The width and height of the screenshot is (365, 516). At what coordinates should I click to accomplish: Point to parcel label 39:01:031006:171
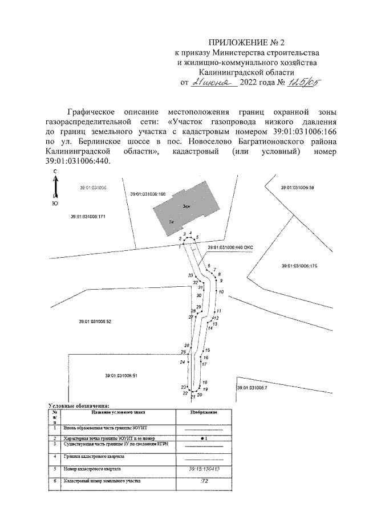click(x=88, y=217)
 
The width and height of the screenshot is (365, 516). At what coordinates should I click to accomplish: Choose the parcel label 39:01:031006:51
click(x=121, y=375)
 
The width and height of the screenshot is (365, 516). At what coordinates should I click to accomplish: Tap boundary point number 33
click(x=190, y=275)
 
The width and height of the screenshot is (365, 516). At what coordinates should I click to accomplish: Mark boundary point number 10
click(x=221, y=292)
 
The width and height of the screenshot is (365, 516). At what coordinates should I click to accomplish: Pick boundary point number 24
click(x=182, y=362)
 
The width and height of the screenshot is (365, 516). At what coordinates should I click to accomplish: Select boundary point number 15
click(x=208, y=350)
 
